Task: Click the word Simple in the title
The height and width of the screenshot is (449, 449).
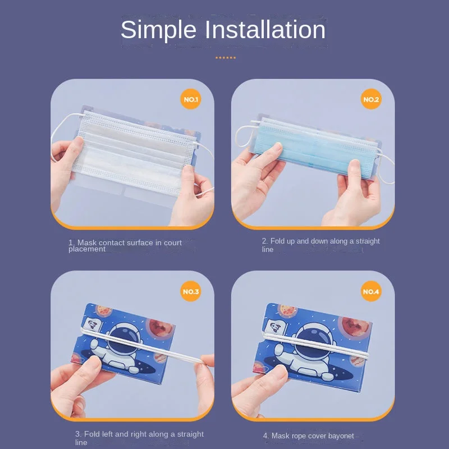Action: click(158, 30)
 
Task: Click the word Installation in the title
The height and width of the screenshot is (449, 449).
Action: click(265, 30)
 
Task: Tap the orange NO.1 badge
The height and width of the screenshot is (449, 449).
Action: click(191, 99)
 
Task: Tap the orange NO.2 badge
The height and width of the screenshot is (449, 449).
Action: click(371, 99)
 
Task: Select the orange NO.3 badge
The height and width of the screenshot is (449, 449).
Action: click(191, 291)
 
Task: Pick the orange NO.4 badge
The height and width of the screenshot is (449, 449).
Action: click(371, 291)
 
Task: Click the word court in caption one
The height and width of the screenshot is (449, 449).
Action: click(173, 243)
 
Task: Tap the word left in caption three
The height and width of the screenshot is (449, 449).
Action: click(106, 434)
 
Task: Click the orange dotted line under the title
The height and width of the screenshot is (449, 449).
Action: click(226, 58)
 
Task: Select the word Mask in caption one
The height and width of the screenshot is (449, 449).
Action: click(87, 243)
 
